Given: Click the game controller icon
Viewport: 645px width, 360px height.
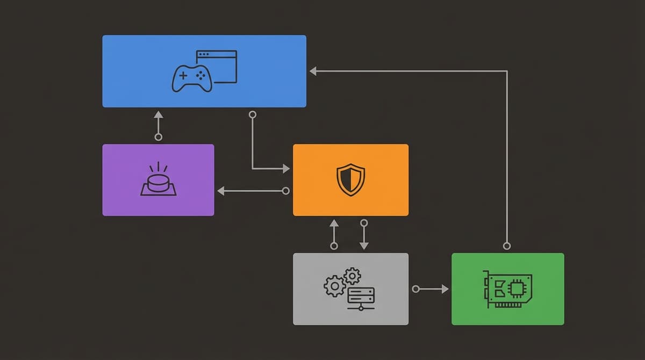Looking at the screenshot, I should tap(192, 78).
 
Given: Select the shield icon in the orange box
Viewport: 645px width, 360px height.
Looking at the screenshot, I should tap(350, 179).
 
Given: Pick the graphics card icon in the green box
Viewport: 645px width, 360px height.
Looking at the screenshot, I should tap(508, 289).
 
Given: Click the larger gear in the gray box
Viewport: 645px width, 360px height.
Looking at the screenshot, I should tap(334, 286).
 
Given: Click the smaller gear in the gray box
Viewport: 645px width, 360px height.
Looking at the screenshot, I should tap(352, 276).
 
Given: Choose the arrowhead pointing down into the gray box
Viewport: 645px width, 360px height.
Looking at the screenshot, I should tap(364, 246).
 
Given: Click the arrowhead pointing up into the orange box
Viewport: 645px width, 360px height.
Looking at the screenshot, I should tap(334, 222).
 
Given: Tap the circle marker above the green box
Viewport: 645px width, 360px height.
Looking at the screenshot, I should tap(506, 246).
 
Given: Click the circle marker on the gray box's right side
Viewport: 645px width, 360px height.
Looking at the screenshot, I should tap(415, 289).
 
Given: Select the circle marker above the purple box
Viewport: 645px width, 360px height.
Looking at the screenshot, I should tap(158, 137).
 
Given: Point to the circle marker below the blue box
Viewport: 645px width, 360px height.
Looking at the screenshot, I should tap(253, 114).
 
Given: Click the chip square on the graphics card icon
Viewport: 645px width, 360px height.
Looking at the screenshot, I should tap(517, 289).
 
